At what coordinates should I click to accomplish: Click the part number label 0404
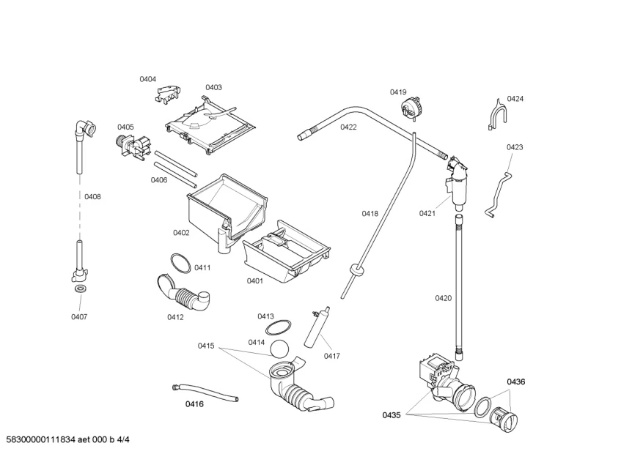click(148, 79)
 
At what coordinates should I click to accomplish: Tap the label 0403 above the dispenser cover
click(213, 87)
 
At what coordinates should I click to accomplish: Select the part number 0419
click(398, 92)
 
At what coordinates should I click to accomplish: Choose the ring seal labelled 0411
click(179, 261)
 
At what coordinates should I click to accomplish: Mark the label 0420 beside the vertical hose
click(443, 298)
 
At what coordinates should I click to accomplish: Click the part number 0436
click(516, 382)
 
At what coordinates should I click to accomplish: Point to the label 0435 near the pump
click(392, 415)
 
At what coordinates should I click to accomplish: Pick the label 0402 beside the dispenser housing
click(181, 233)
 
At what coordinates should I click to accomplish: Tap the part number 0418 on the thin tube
click(370, 214)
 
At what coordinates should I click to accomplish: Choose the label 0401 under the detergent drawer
click(254, 280)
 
